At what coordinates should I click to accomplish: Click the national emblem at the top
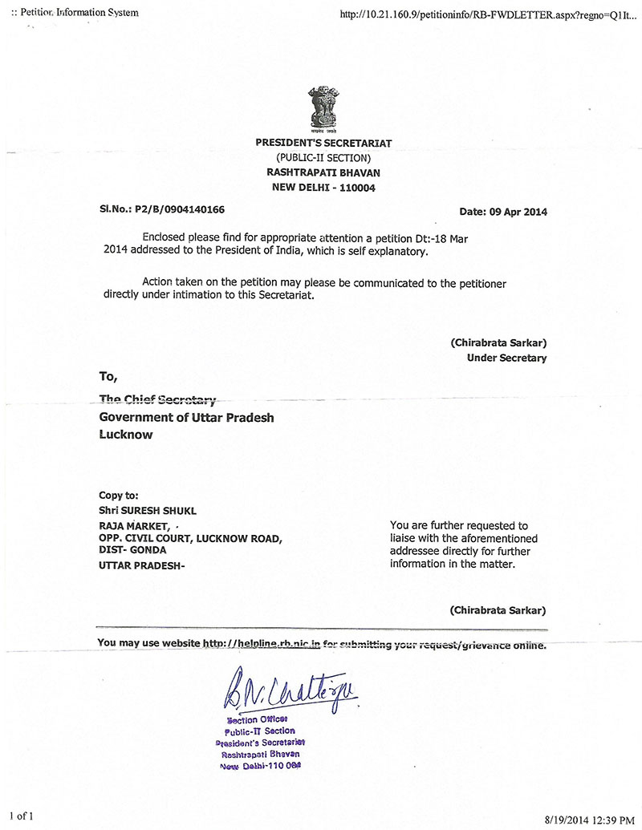point(322,111)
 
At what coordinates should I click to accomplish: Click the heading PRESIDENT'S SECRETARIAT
point(323,143)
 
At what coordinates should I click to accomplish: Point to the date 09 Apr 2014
point(516,212)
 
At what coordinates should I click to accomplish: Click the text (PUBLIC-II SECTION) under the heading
point(323,158)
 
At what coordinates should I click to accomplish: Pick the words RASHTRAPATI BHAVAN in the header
point(323,172)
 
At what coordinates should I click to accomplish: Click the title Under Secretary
point(506,358)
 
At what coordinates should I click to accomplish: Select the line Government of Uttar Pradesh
point(186,417)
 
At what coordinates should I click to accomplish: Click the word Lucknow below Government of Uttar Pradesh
point(125,435)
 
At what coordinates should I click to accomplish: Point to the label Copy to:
point(119,496)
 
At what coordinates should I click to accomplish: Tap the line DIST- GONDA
point(132,550)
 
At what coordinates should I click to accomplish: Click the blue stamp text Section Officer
point(257,719)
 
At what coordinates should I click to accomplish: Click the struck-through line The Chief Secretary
point(157,399)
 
